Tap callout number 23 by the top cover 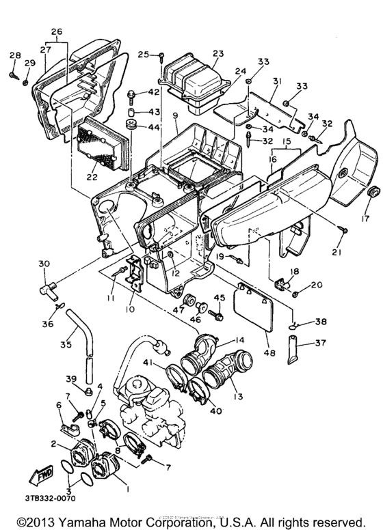point(217,54)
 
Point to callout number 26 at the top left point(56,31)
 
